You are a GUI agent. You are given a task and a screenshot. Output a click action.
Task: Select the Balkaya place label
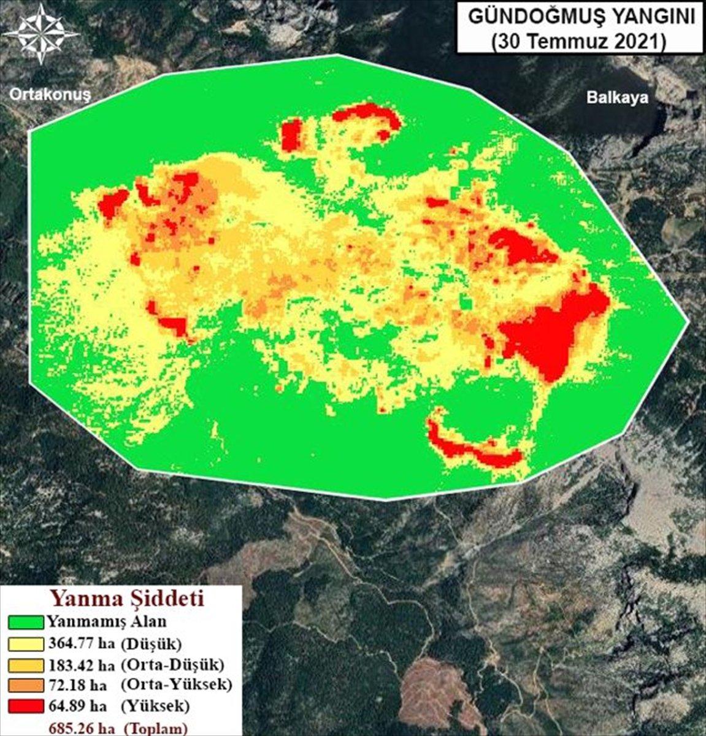pos(616,98)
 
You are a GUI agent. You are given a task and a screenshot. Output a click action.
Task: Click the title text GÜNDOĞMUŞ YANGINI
pos(581,17)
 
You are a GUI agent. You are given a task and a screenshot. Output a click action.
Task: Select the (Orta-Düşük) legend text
pos(173,665)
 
